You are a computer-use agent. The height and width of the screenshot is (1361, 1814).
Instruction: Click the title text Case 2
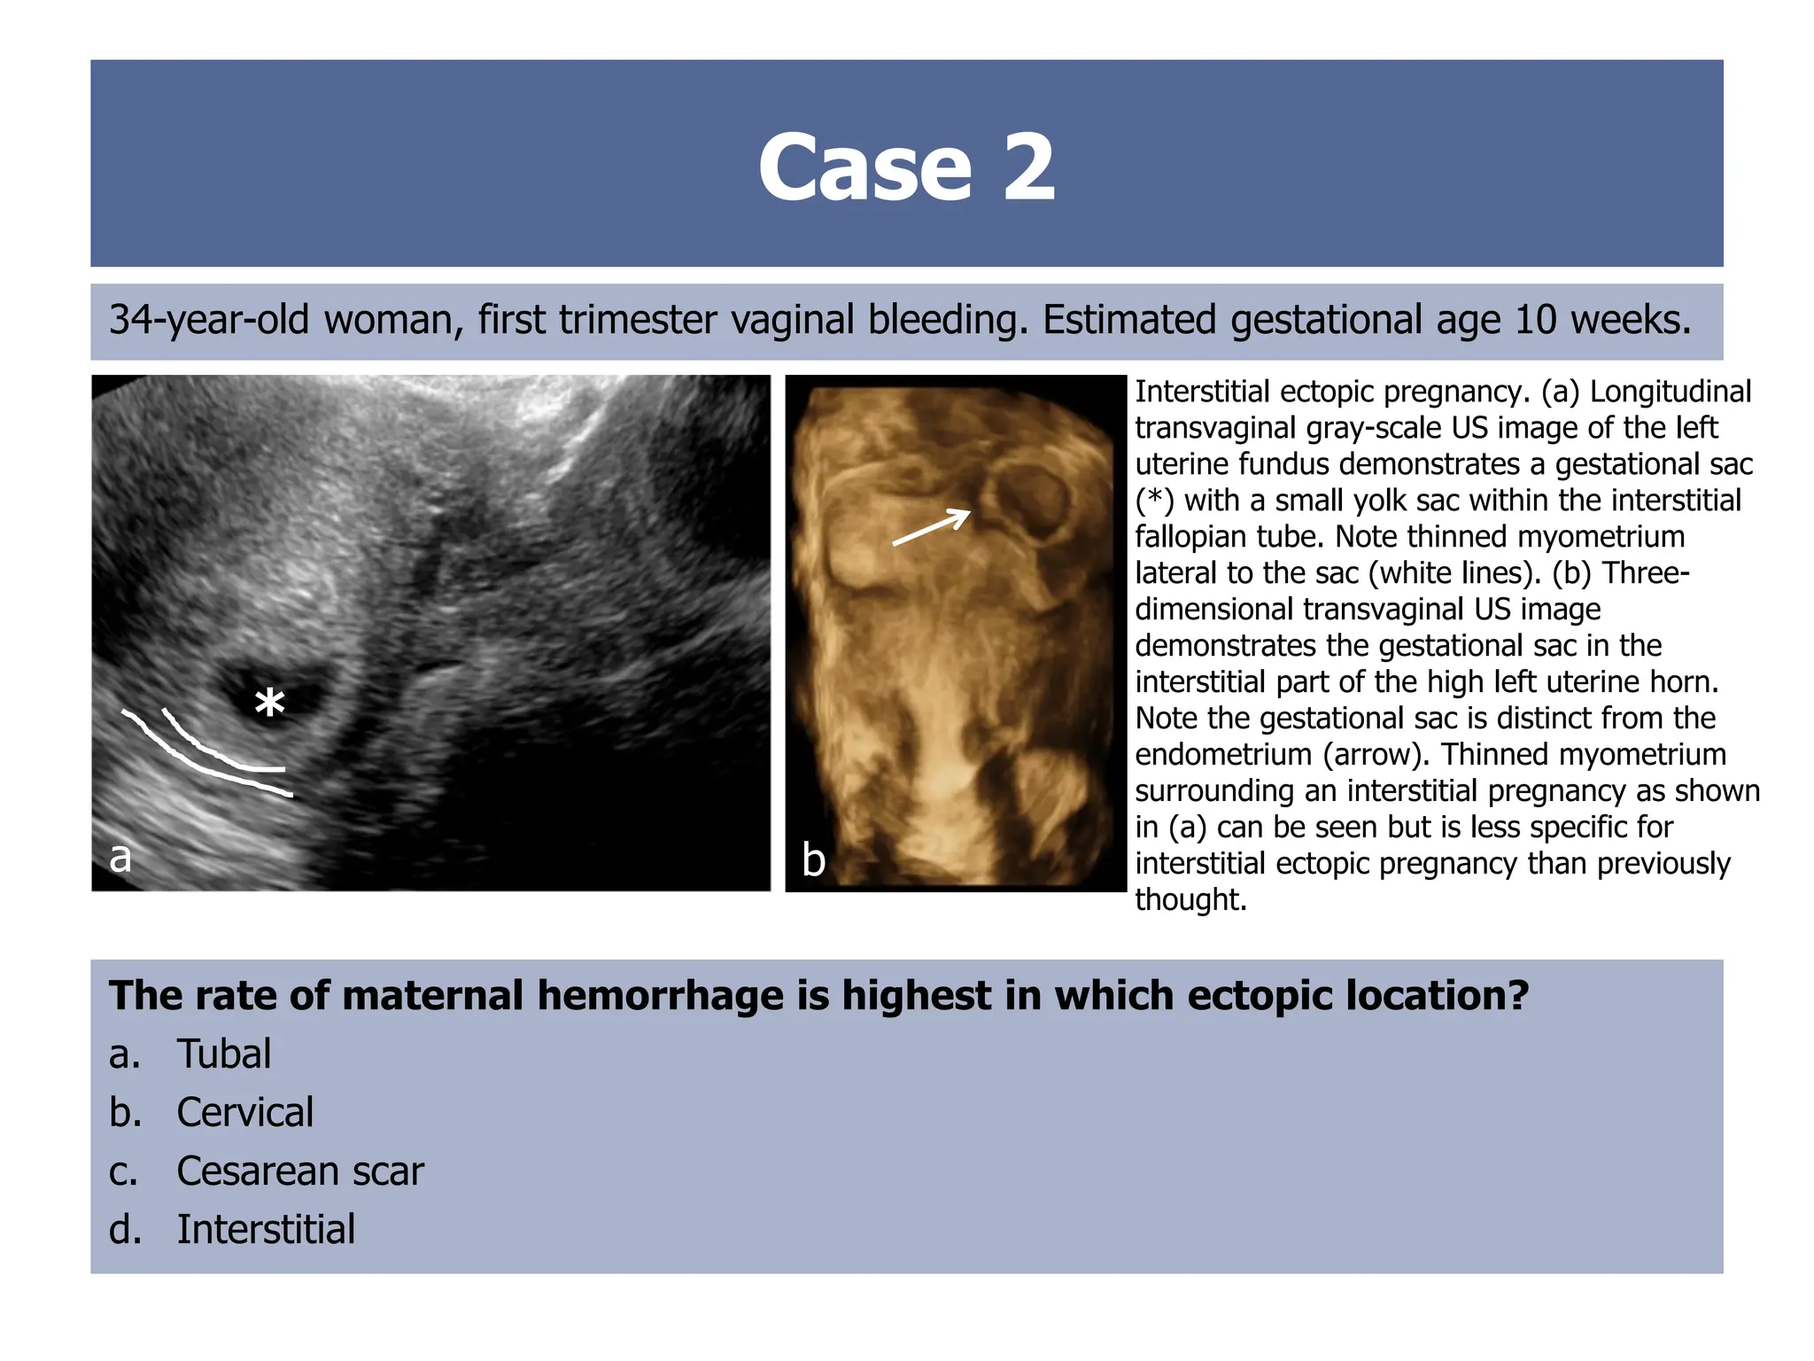(x=906, y=167)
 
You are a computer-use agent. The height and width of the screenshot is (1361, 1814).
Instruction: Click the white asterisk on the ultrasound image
(x=269, y=704)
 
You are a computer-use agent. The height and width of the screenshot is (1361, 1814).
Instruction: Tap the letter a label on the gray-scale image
(x=120, y=857)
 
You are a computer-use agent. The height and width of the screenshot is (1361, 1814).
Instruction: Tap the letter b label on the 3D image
(x=813, y=859)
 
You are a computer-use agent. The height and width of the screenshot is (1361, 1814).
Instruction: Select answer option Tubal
(x=223, y=1054)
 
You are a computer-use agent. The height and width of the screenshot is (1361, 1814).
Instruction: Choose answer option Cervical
(x=244, y=1112)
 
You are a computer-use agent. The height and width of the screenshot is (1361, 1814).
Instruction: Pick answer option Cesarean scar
(x=299, y=1170)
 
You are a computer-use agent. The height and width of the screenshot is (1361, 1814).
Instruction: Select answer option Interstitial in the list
(x=266, y=1229)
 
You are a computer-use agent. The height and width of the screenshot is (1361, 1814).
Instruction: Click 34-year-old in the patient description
(x=209, y=320)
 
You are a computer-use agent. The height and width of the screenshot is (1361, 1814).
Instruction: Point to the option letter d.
(x=124, y=1229)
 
